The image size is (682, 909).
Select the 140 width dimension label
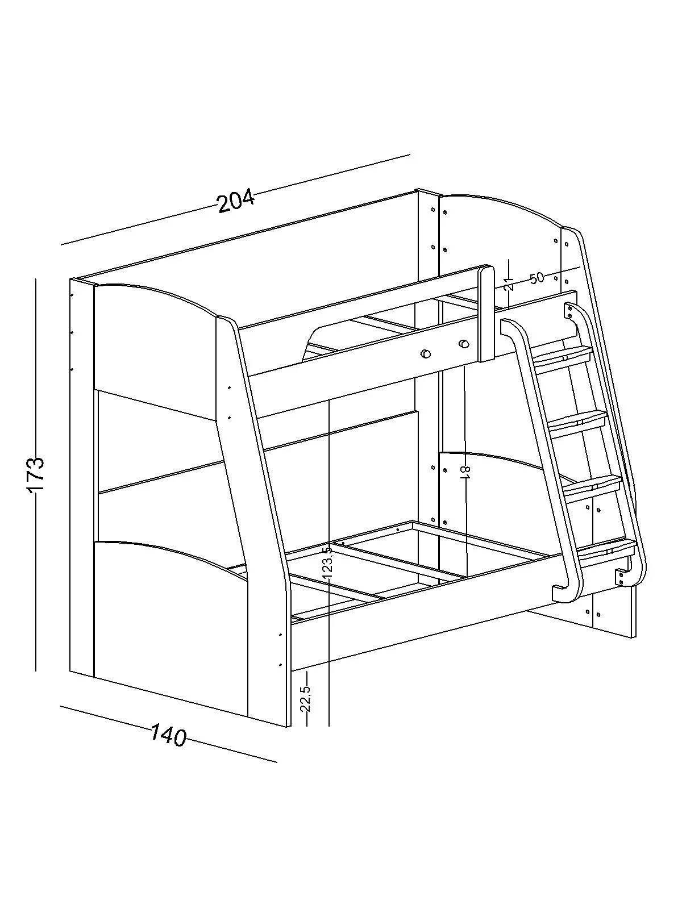(169, 736)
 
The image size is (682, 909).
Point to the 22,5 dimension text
(305, 699)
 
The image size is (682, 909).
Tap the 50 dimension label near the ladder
(537, 278)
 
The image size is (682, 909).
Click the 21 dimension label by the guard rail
(508, 283)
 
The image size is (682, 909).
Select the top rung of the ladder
(563, 358)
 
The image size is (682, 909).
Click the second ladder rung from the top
(578, 421)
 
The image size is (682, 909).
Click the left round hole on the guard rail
(425, 354)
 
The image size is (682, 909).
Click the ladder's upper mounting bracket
(568, 311)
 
